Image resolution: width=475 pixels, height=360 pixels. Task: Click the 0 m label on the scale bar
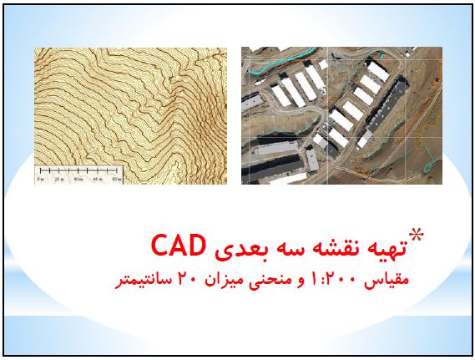pyautogui.click(x=40, y=179)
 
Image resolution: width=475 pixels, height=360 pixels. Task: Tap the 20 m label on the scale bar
pyautogui.click(x=59, y=179)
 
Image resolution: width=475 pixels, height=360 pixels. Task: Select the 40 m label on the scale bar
pyautogui.click(x=78, y=179)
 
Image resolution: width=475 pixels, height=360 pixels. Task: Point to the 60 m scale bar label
pyautogui.click(x=98, y=179)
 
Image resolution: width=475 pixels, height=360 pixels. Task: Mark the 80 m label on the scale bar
pyautogui.click(x=117, y=179)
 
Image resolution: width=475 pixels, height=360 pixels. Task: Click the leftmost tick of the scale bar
pyautogui.click(x=41, y=170)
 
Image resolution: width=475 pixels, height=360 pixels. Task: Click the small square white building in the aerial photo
pyautogui.click(x=323, y=64)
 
